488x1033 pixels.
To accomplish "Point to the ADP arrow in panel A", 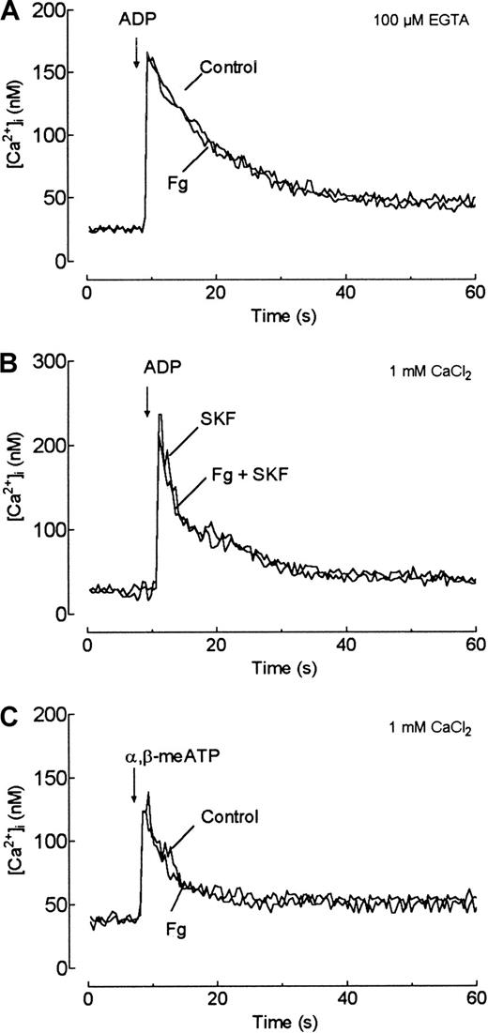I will pyautogui.click(x=137, y=55).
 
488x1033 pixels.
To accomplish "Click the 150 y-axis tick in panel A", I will pyautogui.click(x=61, y=72).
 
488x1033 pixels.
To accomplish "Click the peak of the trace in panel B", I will pyautogui.click(x=160, y=415).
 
